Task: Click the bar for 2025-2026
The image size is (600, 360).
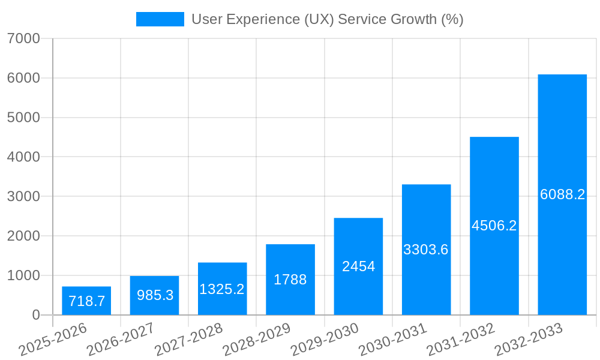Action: click(x=86, y=301)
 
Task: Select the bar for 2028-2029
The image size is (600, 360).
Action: click(x=290, y=280)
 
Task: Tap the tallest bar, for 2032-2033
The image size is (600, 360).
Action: click(x=562, y=194)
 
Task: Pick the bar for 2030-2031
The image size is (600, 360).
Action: click(x=426, y=250)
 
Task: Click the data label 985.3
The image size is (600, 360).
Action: click(x=155, y=295)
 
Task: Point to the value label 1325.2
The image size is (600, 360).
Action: click(x=222, y=289)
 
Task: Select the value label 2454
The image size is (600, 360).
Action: click(x=358, y=266)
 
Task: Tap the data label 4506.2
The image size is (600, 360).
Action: click(x=494, y=226)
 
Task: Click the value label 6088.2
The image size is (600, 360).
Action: click(x=562, y=194)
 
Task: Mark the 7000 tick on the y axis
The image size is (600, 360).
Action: click(x=23, y=39)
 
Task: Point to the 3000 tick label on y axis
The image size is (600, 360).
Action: click(x=23, y=197)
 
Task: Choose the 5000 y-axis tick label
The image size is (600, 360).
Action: click(x=23, y=118)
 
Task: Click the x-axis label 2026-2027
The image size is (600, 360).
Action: click(x=121, y=340)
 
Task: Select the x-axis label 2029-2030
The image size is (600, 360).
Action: click(x=325, y=340)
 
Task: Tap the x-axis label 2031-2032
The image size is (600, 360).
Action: click(x=461, y=340)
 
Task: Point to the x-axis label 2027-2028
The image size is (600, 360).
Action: click(x=188, y=340)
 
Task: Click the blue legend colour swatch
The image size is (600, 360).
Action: click(x=160, y=19)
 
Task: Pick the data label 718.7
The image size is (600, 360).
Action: click(x=86, y=301)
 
